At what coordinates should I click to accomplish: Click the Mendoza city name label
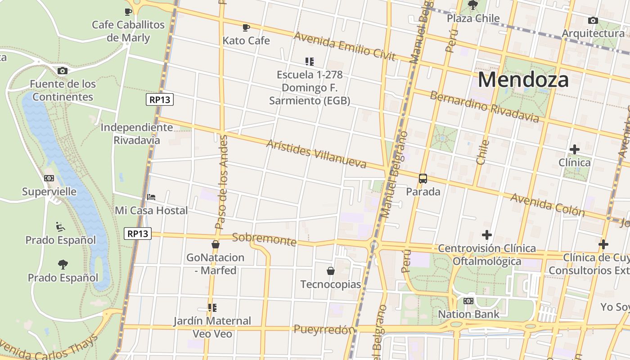tap(523, 80)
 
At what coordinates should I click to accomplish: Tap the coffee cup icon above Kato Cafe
tap(246, 27)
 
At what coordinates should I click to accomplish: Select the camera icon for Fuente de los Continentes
tap(63, 71)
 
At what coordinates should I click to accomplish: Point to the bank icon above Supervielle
tap(49, 178)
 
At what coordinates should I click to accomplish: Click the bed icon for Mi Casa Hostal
tap(151, 197)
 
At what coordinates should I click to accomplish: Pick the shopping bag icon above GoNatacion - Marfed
tap(215, 244)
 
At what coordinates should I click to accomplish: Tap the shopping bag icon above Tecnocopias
tap(331, 270)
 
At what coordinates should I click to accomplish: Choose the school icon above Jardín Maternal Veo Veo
tap(212, 308)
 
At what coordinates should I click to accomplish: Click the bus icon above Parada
tap(423, 178)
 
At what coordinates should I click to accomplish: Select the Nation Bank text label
tap(468, 314)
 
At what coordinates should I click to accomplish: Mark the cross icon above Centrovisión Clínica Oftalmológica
tap(486, 234)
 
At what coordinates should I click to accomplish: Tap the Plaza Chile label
tap(473, 18)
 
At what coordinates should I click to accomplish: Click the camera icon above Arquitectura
tap(593, 20)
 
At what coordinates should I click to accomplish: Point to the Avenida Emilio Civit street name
tap(344, 46)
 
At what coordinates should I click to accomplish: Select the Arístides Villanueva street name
tap(316, 153)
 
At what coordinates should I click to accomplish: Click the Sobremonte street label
tap(264, 239)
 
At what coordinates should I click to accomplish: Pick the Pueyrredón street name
tap(324, 329)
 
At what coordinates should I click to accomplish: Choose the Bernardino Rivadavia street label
tap(484, 107)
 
